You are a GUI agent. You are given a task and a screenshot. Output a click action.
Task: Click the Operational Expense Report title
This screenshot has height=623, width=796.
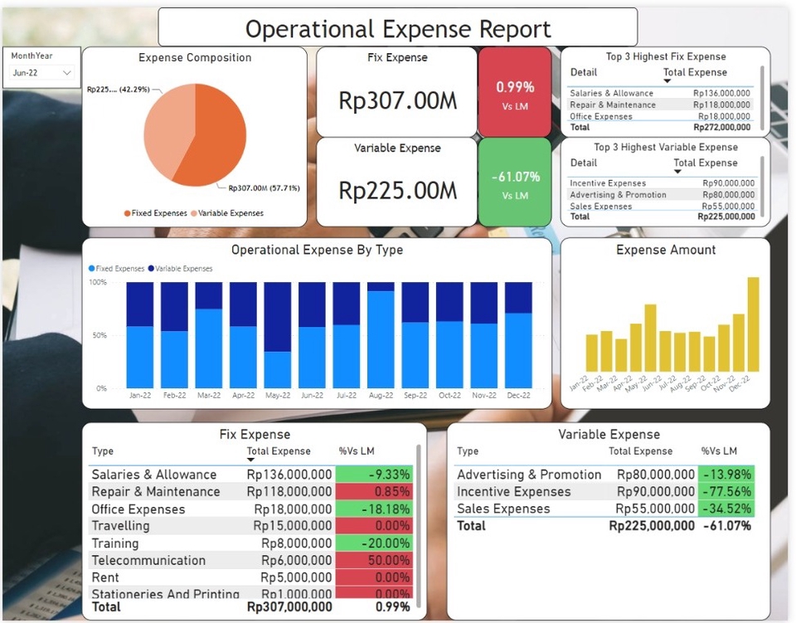coord(398,29)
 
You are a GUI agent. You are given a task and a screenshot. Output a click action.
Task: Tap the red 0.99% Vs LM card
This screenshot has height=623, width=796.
coord(515,91)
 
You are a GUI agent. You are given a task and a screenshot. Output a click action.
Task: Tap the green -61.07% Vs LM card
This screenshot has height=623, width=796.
coord(515,182)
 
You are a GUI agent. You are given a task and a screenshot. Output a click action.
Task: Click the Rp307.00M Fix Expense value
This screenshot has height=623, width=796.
coord(397,100)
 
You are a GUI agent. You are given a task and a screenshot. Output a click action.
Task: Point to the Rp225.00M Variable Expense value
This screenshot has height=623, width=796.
coord(397,190)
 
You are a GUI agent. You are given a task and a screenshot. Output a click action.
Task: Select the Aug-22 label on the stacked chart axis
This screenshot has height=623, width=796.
coord(381,396)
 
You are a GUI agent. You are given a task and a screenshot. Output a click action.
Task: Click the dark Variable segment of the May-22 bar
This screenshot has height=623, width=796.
coord(278,316)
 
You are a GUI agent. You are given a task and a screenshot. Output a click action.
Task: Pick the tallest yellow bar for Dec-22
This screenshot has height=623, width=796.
coord(753,324)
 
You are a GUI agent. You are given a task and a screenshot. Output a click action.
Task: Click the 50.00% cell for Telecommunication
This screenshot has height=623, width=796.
coord(374,561)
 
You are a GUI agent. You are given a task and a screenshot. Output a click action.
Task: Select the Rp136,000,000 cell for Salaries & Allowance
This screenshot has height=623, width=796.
coord(289,475)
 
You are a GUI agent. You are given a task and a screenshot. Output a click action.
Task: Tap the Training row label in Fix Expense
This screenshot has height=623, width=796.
coord(115,543)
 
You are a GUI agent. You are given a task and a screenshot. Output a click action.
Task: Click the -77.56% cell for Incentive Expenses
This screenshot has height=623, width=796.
coord(726,492)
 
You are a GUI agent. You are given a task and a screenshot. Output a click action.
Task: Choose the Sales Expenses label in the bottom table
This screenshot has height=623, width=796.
coord(503,509)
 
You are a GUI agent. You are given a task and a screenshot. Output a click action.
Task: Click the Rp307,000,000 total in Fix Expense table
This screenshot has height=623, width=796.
coord(289,607)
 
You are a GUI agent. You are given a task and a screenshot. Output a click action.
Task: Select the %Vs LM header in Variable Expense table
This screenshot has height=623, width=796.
coord(719,451)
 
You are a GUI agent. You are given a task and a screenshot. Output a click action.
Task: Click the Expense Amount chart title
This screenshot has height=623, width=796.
coord(666,250)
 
